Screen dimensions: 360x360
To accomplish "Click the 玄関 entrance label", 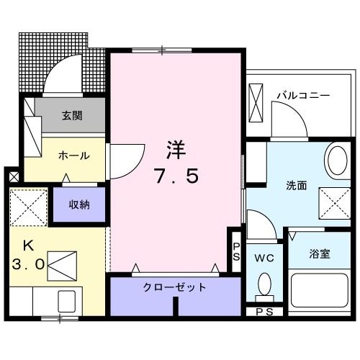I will (x=71, y=114).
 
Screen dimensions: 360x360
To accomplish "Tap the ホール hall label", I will (x=74, y=155).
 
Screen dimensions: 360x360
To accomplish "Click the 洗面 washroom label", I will (x=297, y=185).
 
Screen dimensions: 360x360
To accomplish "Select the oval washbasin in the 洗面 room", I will (x=336, y=161).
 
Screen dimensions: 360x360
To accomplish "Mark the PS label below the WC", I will (x=264, y=311).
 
